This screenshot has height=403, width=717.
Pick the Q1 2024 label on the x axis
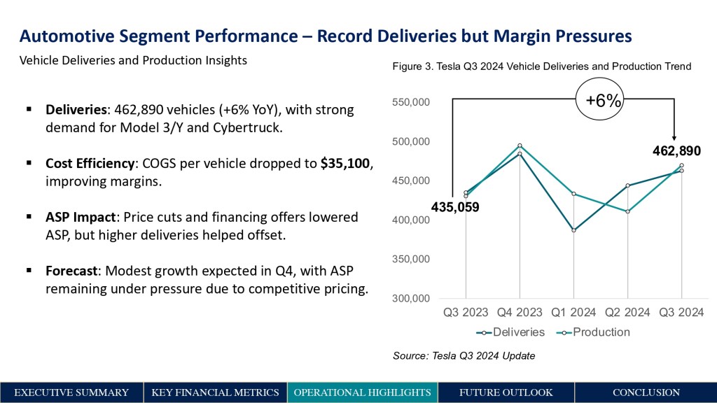tap(573, 312)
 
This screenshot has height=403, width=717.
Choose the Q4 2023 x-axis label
tap(520, 312)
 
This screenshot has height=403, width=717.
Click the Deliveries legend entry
tap(514, 332)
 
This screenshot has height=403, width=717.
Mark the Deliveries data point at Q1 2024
tap(573, 230)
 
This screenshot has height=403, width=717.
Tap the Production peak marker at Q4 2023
tap(520, 146)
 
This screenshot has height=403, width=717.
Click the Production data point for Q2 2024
tap(627, 211)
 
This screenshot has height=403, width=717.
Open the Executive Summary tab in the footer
tap(71, 393)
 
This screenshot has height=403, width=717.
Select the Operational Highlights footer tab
tap(362, 393)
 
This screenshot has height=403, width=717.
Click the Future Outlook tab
tap(506, 393)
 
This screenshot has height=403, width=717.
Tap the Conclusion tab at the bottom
tap(646, 393)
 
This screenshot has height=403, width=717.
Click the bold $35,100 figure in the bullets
tap(345, 163)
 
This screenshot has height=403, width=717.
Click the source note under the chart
tap(464, 356)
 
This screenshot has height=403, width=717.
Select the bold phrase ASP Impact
tap(79, 217)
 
